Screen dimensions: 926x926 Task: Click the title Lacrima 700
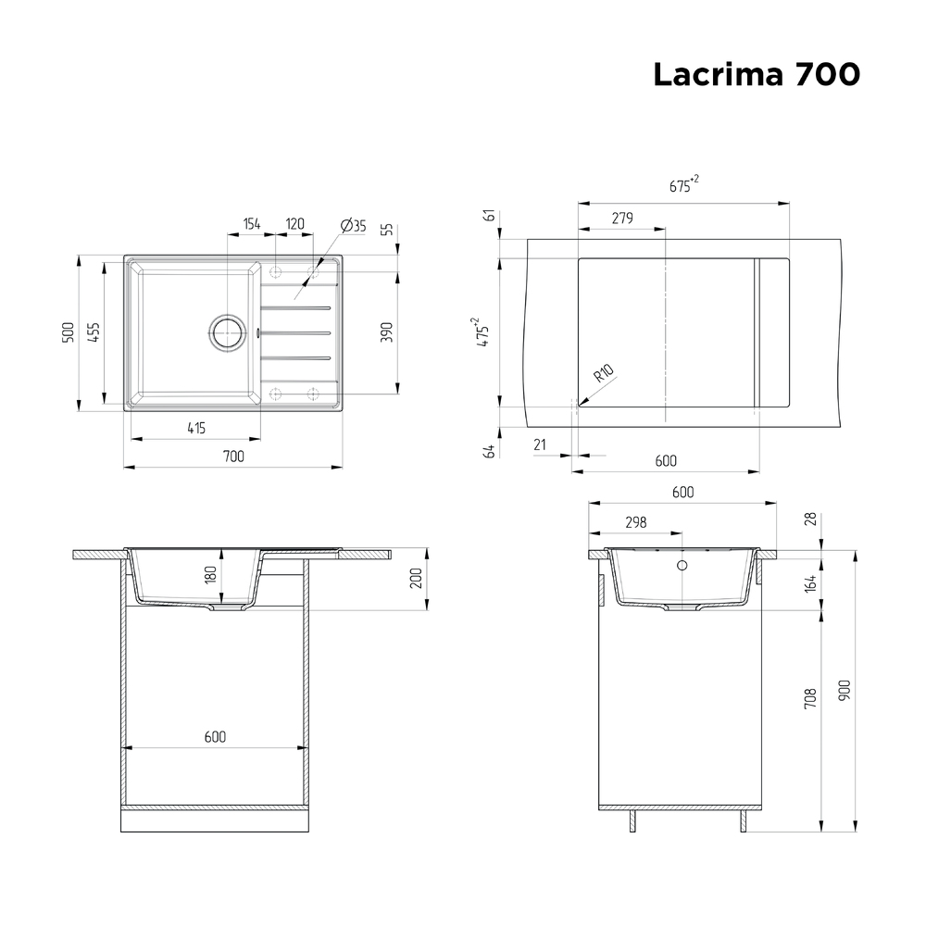tap(756, 75)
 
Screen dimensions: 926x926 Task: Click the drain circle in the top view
tap(226, 332)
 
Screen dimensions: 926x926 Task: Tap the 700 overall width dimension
tap(233, 456)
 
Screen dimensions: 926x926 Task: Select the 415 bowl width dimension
tap(195, 427)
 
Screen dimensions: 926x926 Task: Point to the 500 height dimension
tap(67, 332)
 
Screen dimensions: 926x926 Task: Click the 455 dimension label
tap(94, 332)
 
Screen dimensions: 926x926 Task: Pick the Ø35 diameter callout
tap(353, 225)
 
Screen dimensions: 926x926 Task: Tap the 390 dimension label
tap(387, 332)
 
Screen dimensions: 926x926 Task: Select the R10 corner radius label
tap(603, 374)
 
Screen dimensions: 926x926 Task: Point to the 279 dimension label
tap(622, 219)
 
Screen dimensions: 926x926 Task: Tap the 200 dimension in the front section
tap(416, 579)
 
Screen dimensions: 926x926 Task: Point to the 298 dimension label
tap(635, 522)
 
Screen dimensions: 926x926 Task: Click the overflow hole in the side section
tap(682, 565)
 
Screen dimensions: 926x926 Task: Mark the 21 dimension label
tap(541, 445)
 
